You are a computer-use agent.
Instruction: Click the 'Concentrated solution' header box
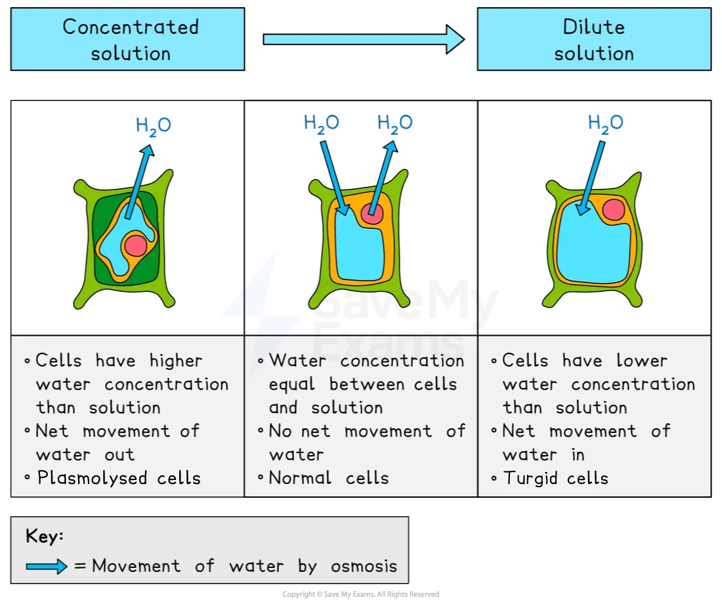click(128, 39)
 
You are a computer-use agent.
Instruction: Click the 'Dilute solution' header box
click(593, 39)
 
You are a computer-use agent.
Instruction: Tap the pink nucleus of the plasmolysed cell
click(136, 246)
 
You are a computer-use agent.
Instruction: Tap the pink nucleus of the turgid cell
click(613, 210)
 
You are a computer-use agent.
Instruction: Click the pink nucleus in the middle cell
click(372, 214)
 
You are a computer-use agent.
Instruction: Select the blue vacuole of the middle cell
click(358, 249)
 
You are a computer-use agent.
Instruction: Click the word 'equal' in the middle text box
click(292, 384)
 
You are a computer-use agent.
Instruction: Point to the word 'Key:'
click(45, 536)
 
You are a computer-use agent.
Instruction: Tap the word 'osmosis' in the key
click(366, 566)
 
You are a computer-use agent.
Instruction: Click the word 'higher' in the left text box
click(176, 361)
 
